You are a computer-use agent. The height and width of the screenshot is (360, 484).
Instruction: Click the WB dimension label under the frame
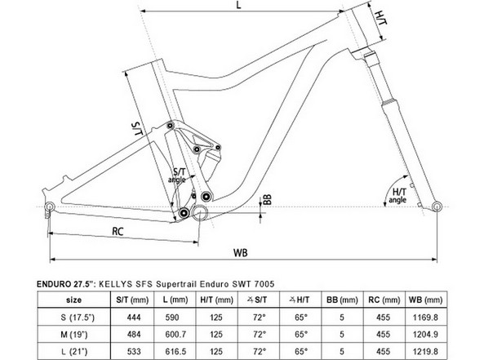pos(241,252)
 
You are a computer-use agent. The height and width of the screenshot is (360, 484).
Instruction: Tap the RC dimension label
pos(118,231)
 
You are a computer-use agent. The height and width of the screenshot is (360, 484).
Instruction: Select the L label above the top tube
pos(238,5)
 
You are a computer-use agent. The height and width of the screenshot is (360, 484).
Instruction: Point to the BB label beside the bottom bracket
pos(268,199)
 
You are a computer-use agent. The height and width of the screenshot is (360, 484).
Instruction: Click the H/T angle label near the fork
pos(397,196)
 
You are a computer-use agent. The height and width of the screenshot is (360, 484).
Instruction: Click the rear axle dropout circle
pos(50,207)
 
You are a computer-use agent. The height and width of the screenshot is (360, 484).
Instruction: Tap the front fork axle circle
pos(437,207)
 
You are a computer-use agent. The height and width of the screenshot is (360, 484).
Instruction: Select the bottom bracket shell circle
pos(200,211)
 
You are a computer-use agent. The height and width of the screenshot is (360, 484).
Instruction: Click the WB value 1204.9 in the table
pos(425,335)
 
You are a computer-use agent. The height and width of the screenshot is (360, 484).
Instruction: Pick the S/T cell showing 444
pos(134,318)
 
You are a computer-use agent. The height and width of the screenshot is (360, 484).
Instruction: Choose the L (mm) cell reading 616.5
pos(175,351)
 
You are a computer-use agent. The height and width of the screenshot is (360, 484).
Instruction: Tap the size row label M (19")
pos(74,335)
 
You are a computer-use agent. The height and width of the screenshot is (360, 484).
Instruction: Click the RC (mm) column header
pos(384,300)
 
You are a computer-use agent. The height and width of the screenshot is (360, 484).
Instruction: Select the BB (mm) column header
pos(342,300)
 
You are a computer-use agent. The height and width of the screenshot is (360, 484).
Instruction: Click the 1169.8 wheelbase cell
pos(425,318)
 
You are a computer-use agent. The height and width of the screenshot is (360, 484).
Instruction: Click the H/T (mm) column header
pos(216,300)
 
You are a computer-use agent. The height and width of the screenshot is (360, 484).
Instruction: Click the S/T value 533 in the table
pos(134,351)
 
